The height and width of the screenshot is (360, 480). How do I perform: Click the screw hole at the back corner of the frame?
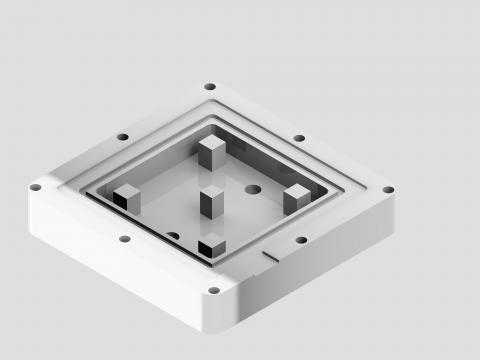209,87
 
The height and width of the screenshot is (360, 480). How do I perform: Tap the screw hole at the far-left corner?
35,187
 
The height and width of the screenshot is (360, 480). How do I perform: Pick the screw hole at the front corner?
213,291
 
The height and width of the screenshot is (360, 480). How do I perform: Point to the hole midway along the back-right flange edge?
299,138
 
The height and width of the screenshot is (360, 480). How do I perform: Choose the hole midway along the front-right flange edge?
301,240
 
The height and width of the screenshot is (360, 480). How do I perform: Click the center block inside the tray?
212,202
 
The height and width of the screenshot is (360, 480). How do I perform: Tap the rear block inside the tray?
211,154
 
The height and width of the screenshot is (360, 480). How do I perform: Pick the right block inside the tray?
296,198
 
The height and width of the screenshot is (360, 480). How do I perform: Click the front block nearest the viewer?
212,245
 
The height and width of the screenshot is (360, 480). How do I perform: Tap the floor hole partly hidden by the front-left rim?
173,236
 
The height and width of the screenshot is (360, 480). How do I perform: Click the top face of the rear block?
211,143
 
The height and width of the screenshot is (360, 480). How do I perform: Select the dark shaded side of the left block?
122,201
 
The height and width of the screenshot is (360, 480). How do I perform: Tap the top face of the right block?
297,189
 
